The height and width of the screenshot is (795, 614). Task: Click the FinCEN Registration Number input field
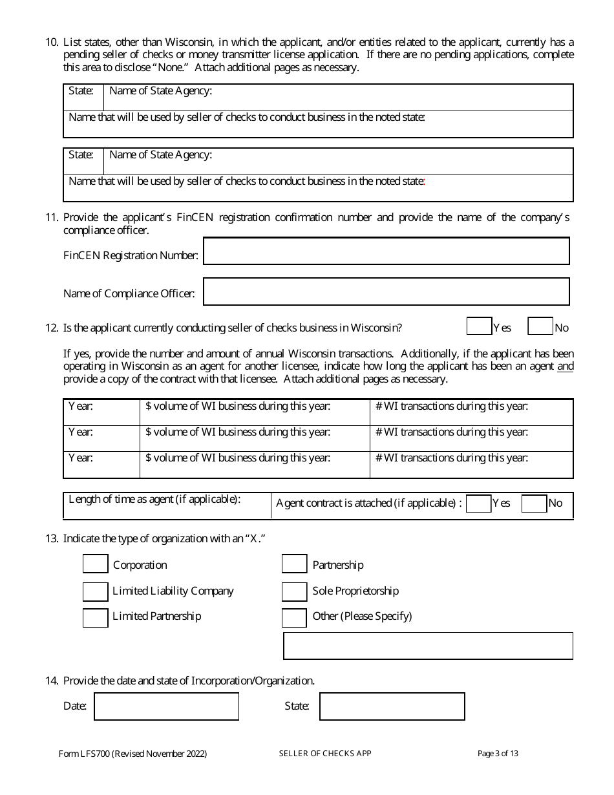pyautogui.click(x=386, y=251)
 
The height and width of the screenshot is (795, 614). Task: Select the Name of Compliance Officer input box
pyautogui.click(x=386, y=291)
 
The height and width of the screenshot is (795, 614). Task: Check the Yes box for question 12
pyautogui.click(x=479, y=327)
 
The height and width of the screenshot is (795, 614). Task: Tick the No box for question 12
pyautogui.click(x=540, y=327)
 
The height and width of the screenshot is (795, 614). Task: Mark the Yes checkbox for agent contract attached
pyautogui.click(x=478, y=503)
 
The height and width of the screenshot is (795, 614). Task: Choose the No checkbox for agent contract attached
pyautogui.click(x=534, y=503)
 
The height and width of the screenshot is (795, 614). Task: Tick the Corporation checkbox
pyautogui.click(x=96, y=564)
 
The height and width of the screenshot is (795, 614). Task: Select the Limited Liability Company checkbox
pyautogui.click(x=96, y=591)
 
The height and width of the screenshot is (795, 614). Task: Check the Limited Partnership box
pyautogui.click(x=96, y=617)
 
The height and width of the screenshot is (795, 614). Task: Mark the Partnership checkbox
pyautogui.click(x=294, y=564)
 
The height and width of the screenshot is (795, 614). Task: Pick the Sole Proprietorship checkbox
pyautogui.click(x=294, y=591)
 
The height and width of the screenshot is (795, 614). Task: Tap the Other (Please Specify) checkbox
pyautogui.click(x=294, y=617)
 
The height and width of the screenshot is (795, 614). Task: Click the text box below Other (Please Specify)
pyautogui.click(x=428, y=646)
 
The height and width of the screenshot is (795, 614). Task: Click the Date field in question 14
pyautogui.click(x=166, y=706)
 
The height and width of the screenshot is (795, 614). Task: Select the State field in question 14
pyautogui.click(x=392, y=706)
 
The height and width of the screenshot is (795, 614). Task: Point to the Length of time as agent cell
pyautogui.click(x=167, y=505)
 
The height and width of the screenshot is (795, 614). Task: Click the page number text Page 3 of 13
pyautogui.click(x=498, y=754)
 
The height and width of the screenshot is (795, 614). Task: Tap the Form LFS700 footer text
pyautogui.click(x=132, y=754)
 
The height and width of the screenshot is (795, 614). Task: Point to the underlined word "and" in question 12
pyautogui.click(x=566, y=366)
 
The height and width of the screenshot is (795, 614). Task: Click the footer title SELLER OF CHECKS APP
pyautogui.click(x=325, y=754)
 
